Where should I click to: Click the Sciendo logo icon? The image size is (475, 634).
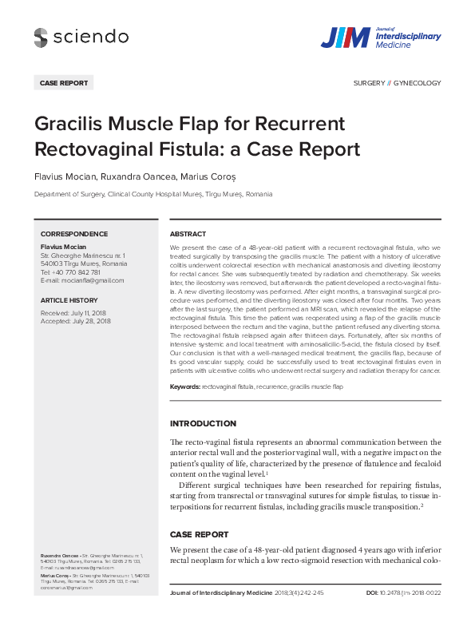[x=41, y=36]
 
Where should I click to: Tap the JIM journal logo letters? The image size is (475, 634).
[x=345, y=38]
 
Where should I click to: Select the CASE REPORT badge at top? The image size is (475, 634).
[x=64, y=82]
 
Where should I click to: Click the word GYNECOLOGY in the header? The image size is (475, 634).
[x=418, y=83]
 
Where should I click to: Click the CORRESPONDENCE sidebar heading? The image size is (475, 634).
[x=74, y=234]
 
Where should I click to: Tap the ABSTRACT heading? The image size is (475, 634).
[x=188, y=234]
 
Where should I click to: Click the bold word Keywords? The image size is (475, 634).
[x=184, y=386]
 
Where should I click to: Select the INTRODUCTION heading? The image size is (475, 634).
[x=203, y=423]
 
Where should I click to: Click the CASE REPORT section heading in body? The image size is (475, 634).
[x=199, y=534]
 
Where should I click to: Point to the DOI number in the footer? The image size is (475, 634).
[x=412, y=593]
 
